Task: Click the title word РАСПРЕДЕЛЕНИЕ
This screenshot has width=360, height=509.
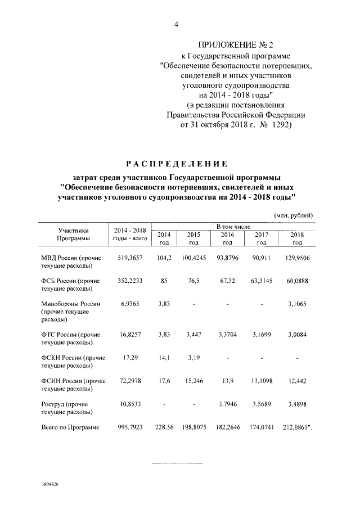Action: click(x=177, y=164)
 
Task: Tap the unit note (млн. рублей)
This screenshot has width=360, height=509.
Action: click(x=293, y=215)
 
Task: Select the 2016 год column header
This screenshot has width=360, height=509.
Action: click(x=227, y=238)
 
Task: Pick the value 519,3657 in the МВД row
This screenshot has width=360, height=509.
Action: click(x=130, y=259)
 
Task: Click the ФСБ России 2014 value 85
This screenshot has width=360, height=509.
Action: click(x=164, y=281)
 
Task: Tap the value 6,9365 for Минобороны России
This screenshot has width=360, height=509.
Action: click(x=130, y=304)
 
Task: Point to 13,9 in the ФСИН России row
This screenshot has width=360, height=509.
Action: click(x=227, y=381)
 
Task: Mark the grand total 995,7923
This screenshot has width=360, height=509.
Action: click(x=130, y=427)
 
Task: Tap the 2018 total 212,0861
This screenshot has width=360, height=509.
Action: click(x=298, y=427)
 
